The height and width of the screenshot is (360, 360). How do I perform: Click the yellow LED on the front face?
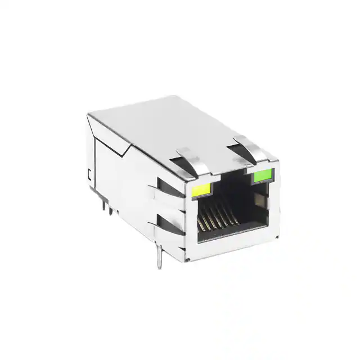click(x=201, y=191)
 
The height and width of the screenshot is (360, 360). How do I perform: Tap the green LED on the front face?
click(x=262, y=177)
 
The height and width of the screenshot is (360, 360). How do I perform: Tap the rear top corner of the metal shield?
click(x=90, y=115)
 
